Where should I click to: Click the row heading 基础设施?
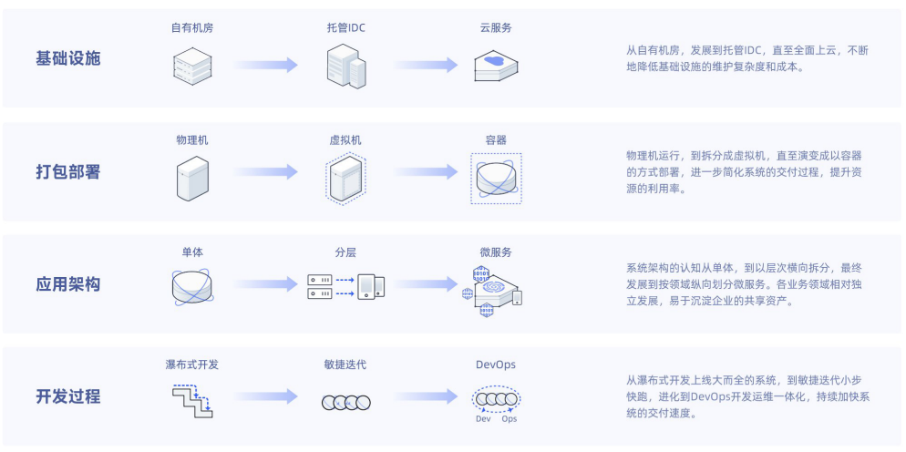point(68,59)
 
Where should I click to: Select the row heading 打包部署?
point(68,172)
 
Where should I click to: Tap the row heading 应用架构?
point(68,284)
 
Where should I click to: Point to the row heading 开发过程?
point(68,396)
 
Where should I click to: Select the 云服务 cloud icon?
point(496,65)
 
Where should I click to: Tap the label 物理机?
point(192,140)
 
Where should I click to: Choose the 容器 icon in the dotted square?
point(496,179)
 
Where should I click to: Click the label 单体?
point(192,252)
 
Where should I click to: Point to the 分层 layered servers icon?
point(345,286)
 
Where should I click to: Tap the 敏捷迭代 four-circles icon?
point(345,402)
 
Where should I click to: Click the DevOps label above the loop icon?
point(496,365)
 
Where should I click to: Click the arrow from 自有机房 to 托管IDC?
point(266,65)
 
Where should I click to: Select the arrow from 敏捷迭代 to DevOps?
point(425,396)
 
